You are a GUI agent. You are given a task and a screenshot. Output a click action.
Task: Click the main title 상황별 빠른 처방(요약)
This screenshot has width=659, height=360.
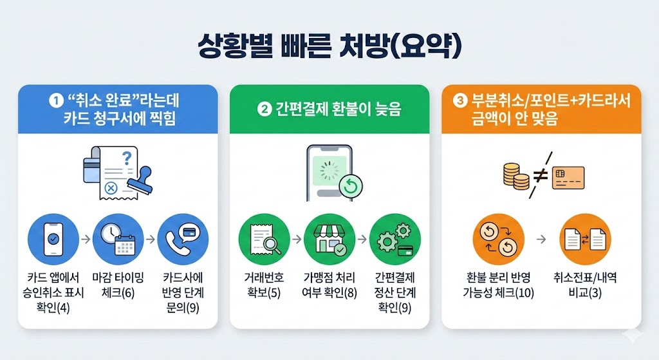(329, 49)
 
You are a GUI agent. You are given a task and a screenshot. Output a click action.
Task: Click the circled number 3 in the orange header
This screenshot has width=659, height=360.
(459, 101)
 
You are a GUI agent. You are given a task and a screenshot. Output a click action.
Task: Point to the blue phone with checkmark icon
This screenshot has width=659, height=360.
(53, 239)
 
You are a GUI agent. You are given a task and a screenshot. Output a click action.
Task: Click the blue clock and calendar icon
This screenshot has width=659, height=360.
(118, 239)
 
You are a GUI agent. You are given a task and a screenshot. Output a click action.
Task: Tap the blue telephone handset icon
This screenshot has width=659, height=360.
(183, 239)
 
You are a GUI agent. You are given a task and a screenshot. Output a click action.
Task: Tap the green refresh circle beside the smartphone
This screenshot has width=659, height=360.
(351, 186)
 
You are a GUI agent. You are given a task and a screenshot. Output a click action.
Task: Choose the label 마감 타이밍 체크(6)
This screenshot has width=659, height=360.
(118, 285)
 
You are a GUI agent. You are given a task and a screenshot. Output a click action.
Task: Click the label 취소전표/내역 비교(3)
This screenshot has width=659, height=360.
(585, 285)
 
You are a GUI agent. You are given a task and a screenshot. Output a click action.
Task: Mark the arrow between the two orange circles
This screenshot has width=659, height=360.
(541, 239)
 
